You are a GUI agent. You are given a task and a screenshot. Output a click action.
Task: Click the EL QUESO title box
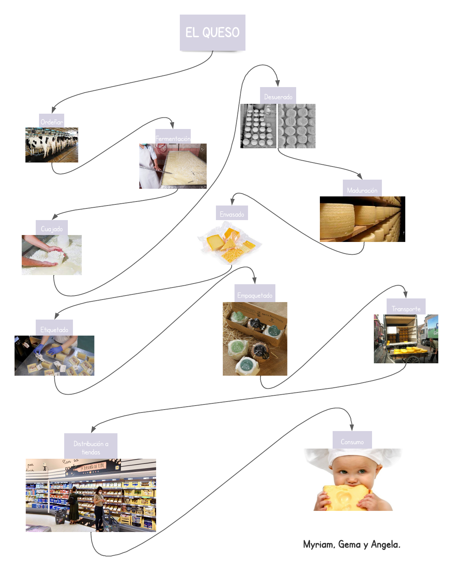click(x=212, y=32)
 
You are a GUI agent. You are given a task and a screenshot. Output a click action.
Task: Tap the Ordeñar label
click(x=52, y=122)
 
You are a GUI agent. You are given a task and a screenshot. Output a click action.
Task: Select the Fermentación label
click(x=173, y=138)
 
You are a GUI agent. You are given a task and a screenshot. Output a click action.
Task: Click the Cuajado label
click(x=52, y=228)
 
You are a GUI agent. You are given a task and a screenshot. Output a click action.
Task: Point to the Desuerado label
click(x=278, y=97)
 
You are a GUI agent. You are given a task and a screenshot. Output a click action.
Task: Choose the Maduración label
click(x=362, y=190)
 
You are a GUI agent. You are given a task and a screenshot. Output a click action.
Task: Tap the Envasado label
click(x=232, y=214)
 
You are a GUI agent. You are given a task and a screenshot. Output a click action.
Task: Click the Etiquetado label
click(x=54, y=329)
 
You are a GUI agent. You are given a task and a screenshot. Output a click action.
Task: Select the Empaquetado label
click(x=255, y=295)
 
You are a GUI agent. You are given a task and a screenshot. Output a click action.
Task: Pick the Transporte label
click(x=406, y=308)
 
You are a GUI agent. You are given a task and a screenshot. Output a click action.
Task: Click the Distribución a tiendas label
click(x=91, y=447)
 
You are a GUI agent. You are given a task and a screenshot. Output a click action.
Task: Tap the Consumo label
click(x=352, y=441)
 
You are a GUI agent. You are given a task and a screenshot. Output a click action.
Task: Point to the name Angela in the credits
click(x=385, y=544)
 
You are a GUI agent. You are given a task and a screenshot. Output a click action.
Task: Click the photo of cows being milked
click(x=52, y=145)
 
